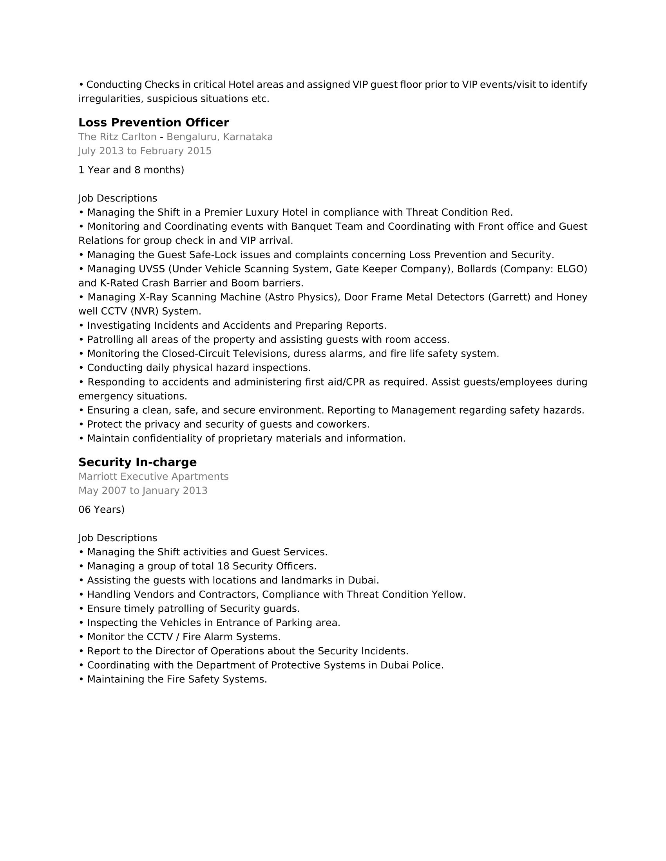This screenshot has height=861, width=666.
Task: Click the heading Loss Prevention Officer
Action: tap(154, 122)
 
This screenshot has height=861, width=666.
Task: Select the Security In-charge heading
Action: tap(137, 462)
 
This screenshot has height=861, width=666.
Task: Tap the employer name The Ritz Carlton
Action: tap(117, 137)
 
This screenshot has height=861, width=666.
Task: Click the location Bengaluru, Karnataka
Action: tap(219, 137)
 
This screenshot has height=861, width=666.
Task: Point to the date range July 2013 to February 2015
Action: tap(145, 151)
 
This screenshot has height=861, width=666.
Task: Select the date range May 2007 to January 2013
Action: tap(143, 490)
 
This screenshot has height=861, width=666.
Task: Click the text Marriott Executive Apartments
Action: tap(154, 476)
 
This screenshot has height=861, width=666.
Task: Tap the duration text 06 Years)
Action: tap(101, 509)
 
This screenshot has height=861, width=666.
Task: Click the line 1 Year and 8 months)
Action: tap(131, 170)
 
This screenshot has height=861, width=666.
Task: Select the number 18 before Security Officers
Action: tap(223, 566)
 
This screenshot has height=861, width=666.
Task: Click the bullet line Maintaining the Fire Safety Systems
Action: tap(177, 679)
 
